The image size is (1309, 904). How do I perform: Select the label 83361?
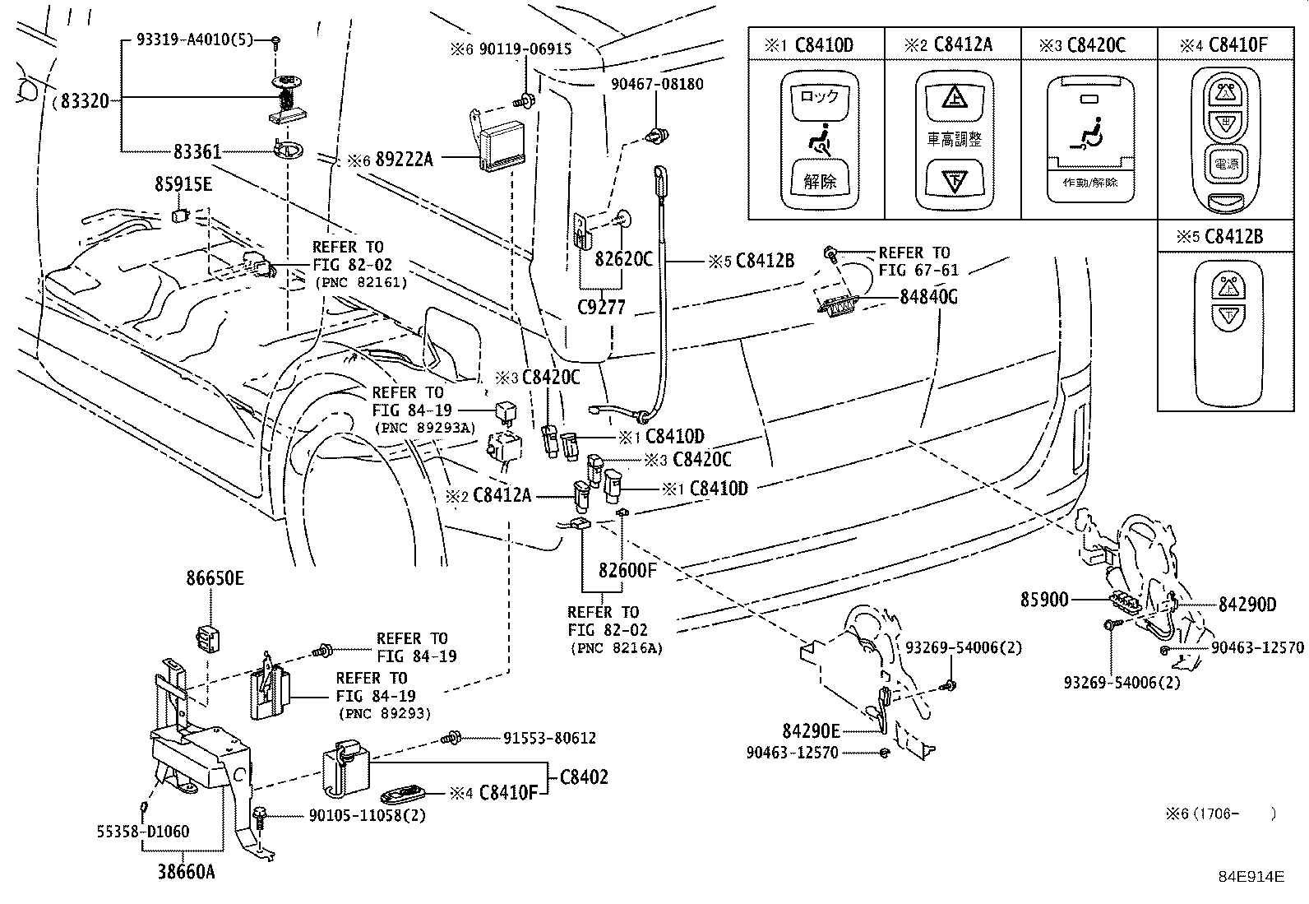coord(197,151)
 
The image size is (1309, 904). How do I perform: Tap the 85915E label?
coord(183,185)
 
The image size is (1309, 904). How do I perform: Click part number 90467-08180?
coord(657,84)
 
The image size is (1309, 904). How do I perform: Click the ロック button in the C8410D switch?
coord(819,97)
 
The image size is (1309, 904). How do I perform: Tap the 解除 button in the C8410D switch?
coord(819,181)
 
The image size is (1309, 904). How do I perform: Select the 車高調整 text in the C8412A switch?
coord(954,139)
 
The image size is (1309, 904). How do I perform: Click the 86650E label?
coord(215,578)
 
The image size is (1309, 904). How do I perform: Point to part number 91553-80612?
coord(549,739)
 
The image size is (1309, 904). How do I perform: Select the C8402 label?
coord(584,777)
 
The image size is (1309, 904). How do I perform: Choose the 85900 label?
coord(1044,600)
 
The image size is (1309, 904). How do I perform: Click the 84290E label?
coord(811,730)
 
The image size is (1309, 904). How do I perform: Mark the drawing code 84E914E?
coord(1251,877)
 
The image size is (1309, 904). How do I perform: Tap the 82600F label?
coord(627,569)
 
